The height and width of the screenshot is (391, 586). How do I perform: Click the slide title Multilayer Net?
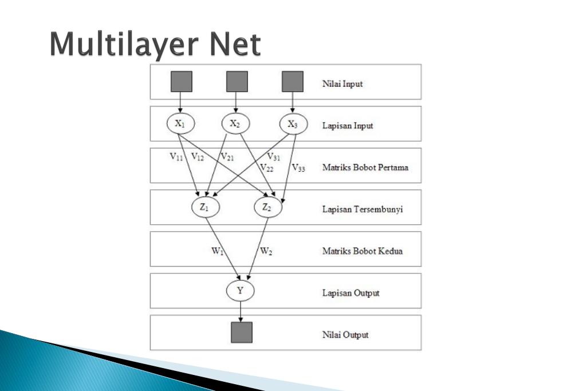tap(155, 44)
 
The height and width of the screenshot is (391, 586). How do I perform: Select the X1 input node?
tap(180, 123)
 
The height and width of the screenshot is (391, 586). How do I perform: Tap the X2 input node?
tap(235, 123)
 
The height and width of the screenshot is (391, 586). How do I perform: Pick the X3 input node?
tap(293, 124)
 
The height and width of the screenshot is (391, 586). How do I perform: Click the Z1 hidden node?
tap(205, 208)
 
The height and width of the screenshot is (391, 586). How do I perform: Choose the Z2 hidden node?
tap(268, 208)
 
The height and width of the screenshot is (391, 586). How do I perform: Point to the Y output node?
tap(240, 291)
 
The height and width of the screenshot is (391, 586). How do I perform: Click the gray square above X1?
tap(182, 81)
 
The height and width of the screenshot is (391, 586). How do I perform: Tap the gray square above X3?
tap(293, 81)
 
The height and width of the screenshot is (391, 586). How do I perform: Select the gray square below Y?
tap(241, 333)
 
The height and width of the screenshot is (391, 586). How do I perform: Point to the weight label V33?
tap(298, 168)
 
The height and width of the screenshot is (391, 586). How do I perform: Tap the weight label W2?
tap(266, 251)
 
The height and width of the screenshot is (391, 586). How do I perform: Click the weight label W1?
tap(217, 251)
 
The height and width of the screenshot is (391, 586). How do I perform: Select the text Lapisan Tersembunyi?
tap(362, 209)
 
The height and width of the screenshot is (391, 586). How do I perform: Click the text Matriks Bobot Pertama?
tap(365, 167)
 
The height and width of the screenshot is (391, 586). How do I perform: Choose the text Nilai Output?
tap(345, 335)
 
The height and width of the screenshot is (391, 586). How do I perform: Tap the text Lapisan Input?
tap(347, 126)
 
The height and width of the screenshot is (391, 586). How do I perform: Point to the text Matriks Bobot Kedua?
tap(362, 251)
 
